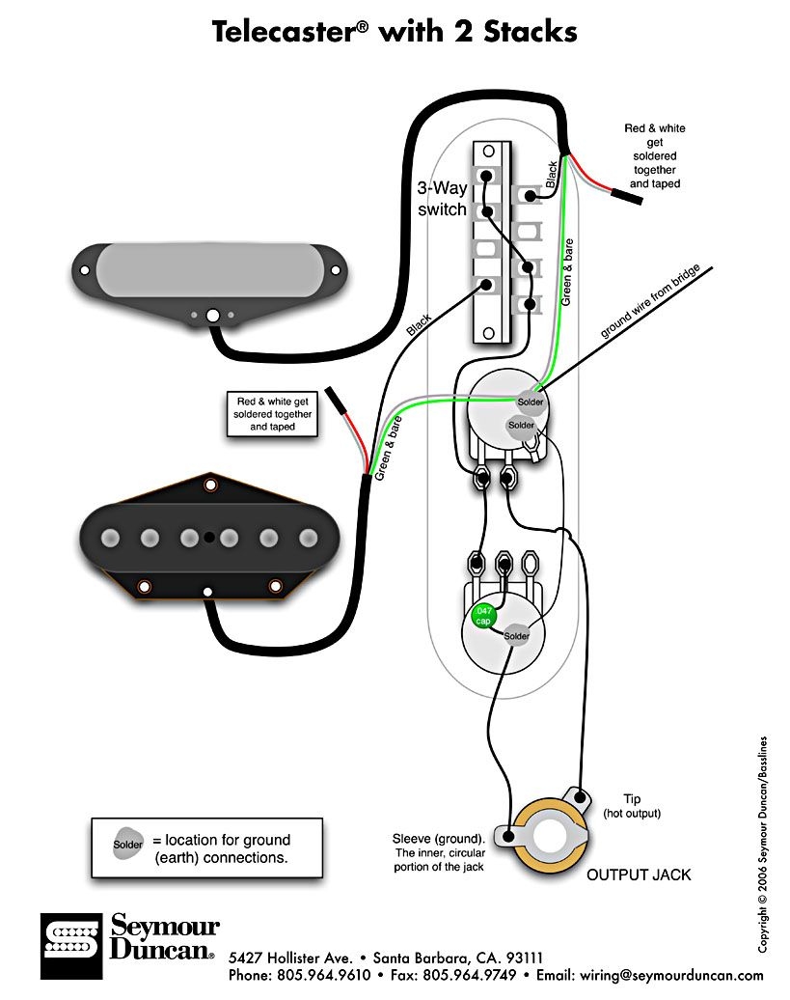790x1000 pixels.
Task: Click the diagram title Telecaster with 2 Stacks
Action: (395, 32)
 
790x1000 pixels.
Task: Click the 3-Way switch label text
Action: (442, 199)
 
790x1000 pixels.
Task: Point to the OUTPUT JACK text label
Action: (639, 875)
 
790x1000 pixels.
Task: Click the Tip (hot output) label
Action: (633, 806)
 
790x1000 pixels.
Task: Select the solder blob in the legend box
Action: (128, 845)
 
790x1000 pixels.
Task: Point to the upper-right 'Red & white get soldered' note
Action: (655, 155)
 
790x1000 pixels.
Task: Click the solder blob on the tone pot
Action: (516, 636)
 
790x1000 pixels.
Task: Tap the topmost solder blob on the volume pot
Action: (531, 402)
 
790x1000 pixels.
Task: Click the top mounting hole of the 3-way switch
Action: (489, 150)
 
